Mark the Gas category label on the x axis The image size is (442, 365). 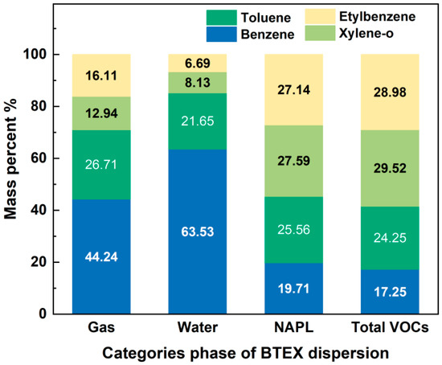click(x=101, y=330)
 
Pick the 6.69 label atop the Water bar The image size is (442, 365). click(x=198, y=63)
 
